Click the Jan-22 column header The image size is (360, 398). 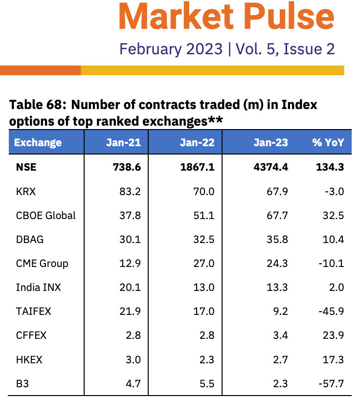point(197,143)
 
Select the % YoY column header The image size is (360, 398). point(328,143)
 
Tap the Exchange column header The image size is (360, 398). point(38,143)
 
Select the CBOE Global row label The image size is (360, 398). point(45,215)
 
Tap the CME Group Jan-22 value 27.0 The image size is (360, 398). point(204,263)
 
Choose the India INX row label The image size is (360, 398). point(38,287)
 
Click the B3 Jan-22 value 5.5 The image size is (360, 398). point(207,383)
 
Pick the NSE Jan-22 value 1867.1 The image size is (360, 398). point(198,167)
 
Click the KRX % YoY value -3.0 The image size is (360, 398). point(334,191)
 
